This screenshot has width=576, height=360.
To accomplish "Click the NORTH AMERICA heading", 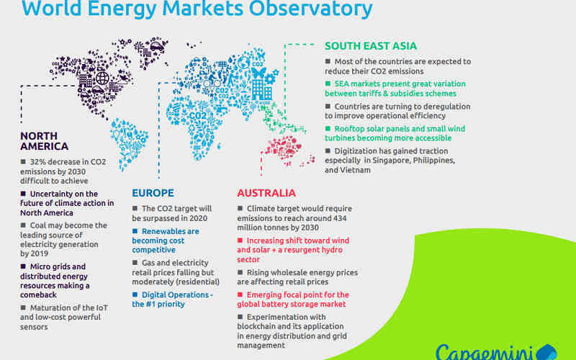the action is point(44,141).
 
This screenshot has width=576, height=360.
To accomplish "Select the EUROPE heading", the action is point(153,193).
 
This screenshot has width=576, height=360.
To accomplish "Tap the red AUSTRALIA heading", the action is point(266,193).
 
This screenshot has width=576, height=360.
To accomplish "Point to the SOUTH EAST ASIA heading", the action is point(371,46).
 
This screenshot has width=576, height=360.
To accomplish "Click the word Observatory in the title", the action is point(311,8).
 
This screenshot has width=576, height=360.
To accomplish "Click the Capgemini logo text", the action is point(485,353).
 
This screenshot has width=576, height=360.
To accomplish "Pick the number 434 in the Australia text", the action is point(340,218).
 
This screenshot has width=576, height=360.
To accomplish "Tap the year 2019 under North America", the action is point(40,253).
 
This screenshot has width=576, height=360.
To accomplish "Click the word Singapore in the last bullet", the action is point(391,161).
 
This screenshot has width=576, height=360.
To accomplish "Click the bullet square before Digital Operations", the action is point(135,294).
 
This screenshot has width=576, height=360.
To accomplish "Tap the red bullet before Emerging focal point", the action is point(240,294).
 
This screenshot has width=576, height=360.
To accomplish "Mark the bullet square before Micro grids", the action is point(23,266).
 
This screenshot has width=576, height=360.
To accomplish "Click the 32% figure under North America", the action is point(37,162).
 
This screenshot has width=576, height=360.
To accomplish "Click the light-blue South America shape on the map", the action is point(128,141).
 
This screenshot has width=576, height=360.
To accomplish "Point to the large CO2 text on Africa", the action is point(197,116).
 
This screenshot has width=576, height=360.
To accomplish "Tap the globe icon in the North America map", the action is point(102,78).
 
